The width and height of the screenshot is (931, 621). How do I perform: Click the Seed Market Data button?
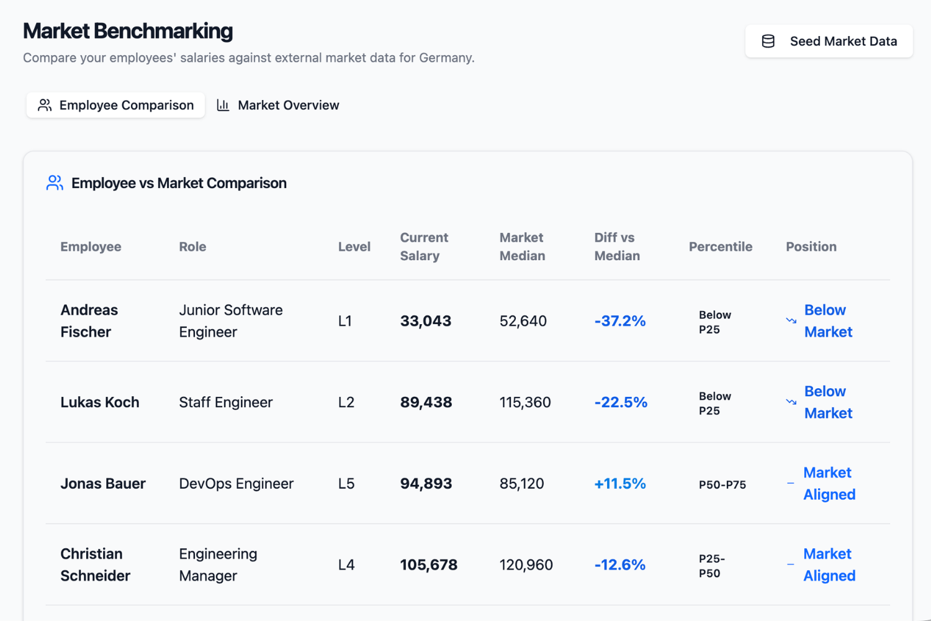point(829,41)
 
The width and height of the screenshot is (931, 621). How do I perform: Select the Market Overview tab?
point(278,105)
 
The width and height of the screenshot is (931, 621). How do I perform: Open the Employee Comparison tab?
point(115,105)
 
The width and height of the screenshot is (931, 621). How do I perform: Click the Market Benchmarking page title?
point(128,31)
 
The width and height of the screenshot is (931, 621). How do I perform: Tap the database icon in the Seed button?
point(768,41)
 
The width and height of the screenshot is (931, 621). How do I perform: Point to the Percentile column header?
point(720,247)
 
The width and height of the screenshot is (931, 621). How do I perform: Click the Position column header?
point(811,247)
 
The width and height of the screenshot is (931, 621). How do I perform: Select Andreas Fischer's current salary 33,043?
point(426,320)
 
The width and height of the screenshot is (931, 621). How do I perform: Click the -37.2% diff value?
point(619,320)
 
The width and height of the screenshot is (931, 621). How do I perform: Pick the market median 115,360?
point(525,402)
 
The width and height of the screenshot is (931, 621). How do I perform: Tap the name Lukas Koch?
point(100,402)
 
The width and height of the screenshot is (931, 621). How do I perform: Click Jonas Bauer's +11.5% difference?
point(619,483)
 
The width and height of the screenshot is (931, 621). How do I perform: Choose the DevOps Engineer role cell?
point(236,483)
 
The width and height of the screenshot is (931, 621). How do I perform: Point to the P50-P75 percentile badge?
point(722,484)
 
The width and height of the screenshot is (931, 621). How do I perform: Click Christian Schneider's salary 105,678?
point(428,564)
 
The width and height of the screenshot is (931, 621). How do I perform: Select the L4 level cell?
point(346,564)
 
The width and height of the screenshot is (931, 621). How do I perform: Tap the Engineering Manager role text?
point(218,564)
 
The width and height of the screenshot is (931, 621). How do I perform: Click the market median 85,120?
point(521,483)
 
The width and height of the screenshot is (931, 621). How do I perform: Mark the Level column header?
point(354,247)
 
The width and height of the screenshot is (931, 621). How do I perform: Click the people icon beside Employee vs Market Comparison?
point(55,183)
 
